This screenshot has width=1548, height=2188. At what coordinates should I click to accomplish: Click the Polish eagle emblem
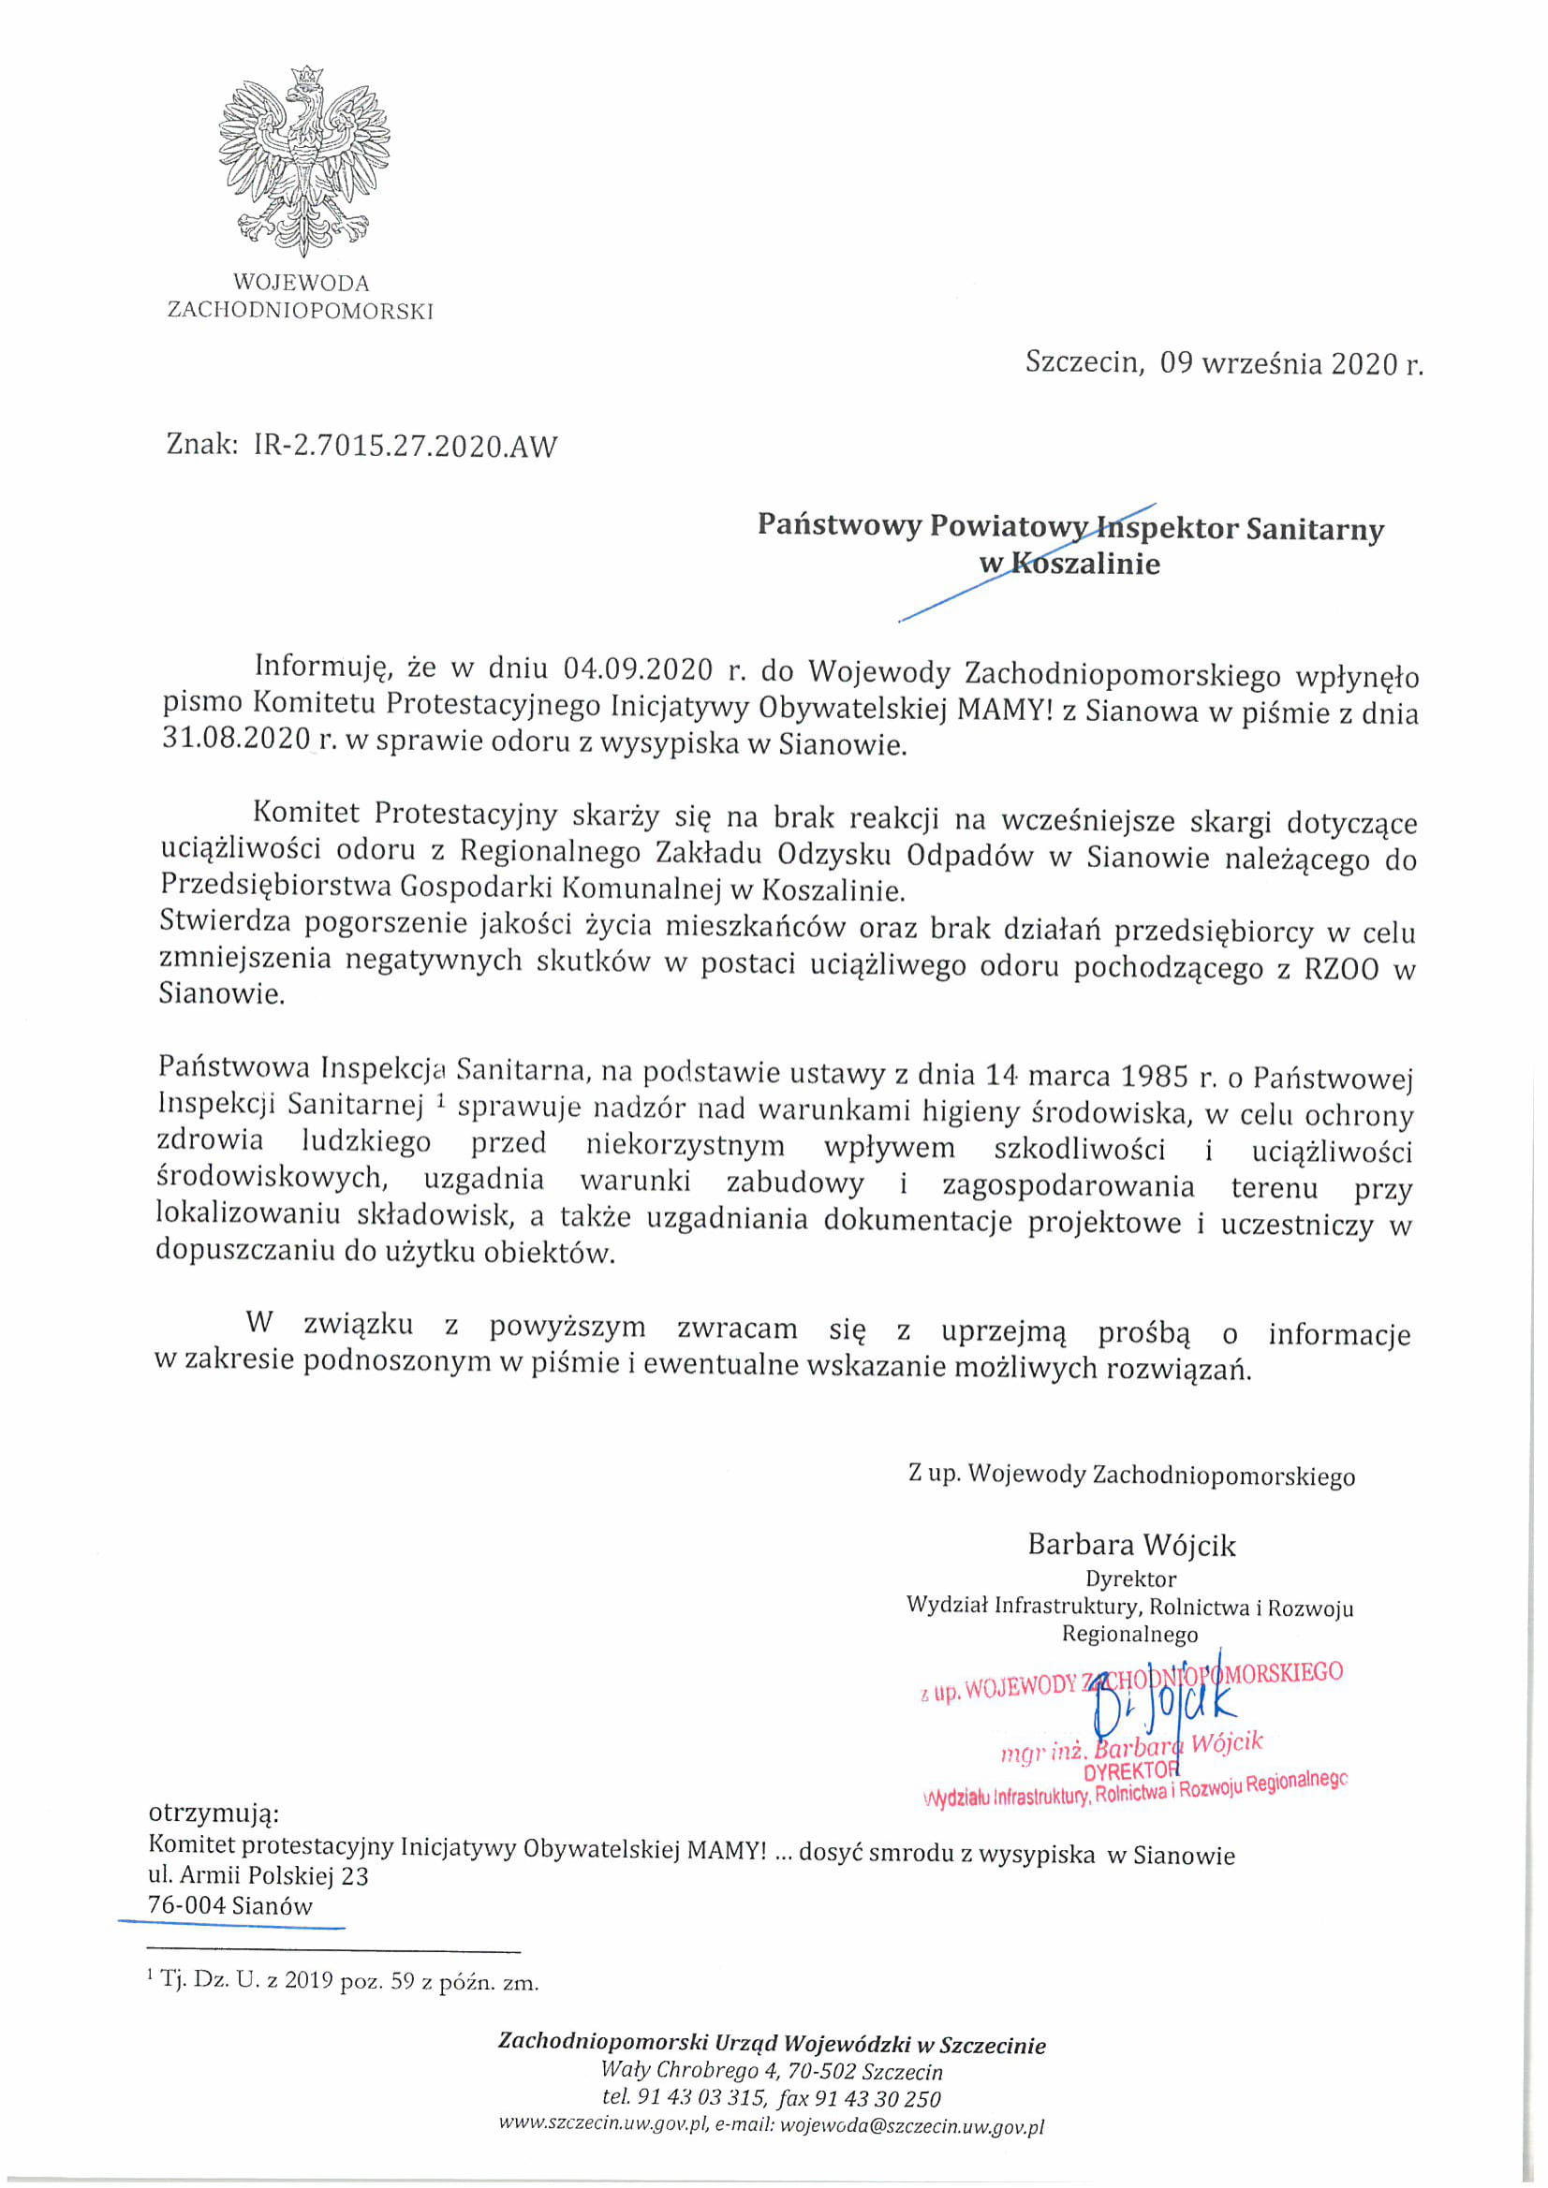pyautogui.click(x=304, y=157)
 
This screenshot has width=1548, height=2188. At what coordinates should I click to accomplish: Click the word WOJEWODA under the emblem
pyautogui.click(x=302, y=283)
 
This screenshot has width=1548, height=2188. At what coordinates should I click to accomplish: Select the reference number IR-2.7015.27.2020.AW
pyautogui.click(x=405, y=446)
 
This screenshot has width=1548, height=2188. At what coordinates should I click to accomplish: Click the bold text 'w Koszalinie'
pyautogui.click(x=1069, y=564)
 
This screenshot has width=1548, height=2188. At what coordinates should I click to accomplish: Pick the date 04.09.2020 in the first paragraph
pyautogui.click(x=638, y=670)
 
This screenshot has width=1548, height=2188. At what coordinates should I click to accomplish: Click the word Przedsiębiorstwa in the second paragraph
pyautogui.click(x=275, y=887)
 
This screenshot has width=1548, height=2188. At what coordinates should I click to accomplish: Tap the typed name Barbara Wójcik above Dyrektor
pyautogui.click(x=1130, y=1545)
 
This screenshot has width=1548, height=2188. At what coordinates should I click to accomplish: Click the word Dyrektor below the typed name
pyautogui.click(x=1130, y=1579)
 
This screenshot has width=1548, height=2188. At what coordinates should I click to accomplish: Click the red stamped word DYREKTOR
pyautogui.click(x=1131, y=1769)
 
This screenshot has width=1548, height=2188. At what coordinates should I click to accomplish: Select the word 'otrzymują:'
pyautogui.click(x=214, y=1812)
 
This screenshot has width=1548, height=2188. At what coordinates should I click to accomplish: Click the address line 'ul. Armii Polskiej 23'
pyautogui.click(x=258, y=1875)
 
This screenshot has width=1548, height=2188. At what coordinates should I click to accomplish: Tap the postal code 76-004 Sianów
pyautogui.click(x=229, y=1906)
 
